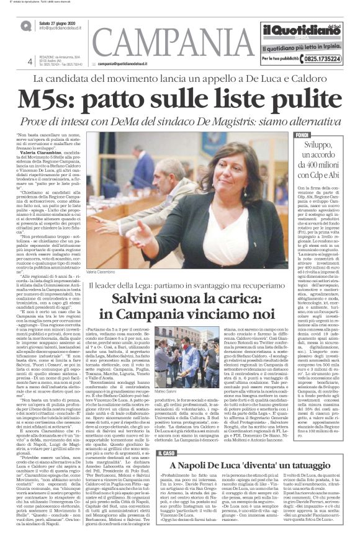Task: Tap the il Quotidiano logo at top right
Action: click(x=298, y=30)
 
